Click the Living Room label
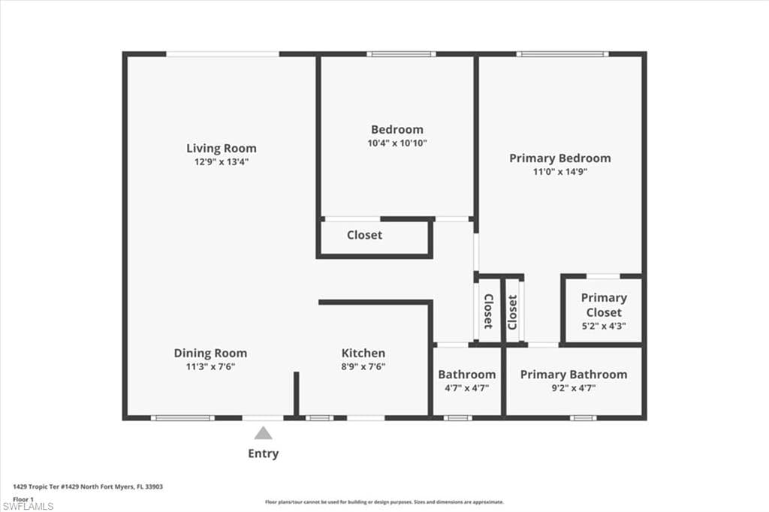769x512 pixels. (x=221, y=148)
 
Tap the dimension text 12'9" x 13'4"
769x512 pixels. (x=221, y=161)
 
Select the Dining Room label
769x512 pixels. (x=210, y=353)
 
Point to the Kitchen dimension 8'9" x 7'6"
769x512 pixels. (x=363, y=366)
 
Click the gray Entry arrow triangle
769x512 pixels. (x=263, y=433)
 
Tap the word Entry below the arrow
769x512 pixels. (x=263, y=453)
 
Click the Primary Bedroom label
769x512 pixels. (x=559, y=158)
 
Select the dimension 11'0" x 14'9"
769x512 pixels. (x=559, y=171)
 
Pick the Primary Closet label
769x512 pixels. (x=603, y=305)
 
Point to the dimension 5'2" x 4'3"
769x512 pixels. (x=603, y=326)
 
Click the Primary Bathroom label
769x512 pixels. (x=573, y=374)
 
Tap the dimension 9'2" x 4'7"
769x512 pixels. (x=573, y=387)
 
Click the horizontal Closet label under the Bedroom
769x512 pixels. (x=364, y=235)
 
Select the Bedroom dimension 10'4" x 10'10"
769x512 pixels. (x=397, y=143)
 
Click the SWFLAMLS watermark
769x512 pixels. (x=28, y=506)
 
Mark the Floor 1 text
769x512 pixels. (x=23, y=498)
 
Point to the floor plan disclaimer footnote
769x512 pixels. (x=384, y=501)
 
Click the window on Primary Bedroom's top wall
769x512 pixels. (x=562, y=54)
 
